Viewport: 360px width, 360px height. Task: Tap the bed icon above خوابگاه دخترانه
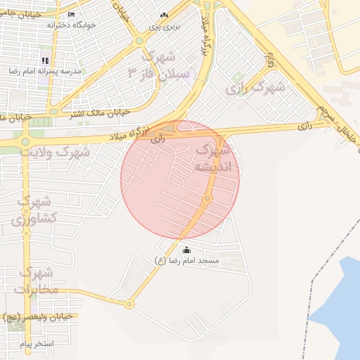(71, 14)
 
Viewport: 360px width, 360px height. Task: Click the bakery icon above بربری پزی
(164, 15)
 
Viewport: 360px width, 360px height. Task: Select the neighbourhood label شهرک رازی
(255, 88)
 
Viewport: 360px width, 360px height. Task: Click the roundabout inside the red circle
(207, 199)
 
